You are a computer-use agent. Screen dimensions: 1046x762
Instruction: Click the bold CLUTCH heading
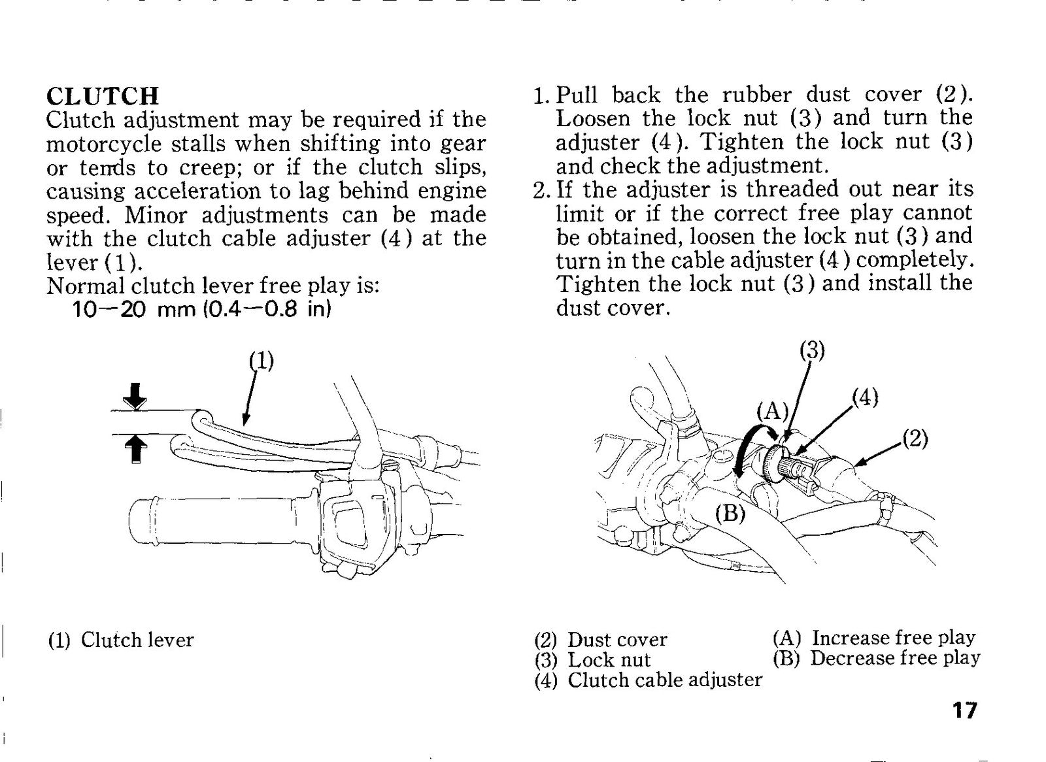point(103,95)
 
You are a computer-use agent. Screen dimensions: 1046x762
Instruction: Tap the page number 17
point(964,710)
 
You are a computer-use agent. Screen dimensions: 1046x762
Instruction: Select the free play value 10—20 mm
point(134,310)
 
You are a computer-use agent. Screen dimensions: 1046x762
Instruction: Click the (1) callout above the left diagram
point(261,361)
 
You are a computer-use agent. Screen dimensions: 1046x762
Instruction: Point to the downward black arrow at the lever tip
point(135,397)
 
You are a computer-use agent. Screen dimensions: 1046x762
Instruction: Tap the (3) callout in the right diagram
point(812,351)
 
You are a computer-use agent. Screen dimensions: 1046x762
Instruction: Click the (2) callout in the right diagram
point(915,439)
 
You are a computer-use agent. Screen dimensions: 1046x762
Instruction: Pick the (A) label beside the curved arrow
point(772,411)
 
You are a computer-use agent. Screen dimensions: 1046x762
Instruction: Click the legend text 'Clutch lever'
point(137,640)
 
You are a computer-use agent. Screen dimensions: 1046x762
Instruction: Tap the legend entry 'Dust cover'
point(617,640)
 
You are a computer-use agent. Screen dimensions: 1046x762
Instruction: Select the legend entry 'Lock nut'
point(609,660)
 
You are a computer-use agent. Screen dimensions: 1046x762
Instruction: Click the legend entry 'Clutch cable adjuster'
point(665,680)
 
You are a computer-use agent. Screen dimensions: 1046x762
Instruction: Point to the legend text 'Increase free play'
point(894,638)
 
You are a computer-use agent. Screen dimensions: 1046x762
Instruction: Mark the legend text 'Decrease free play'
point(895,658)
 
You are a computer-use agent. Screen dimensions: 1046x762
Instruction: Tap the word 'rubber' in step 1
point(757,95)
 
